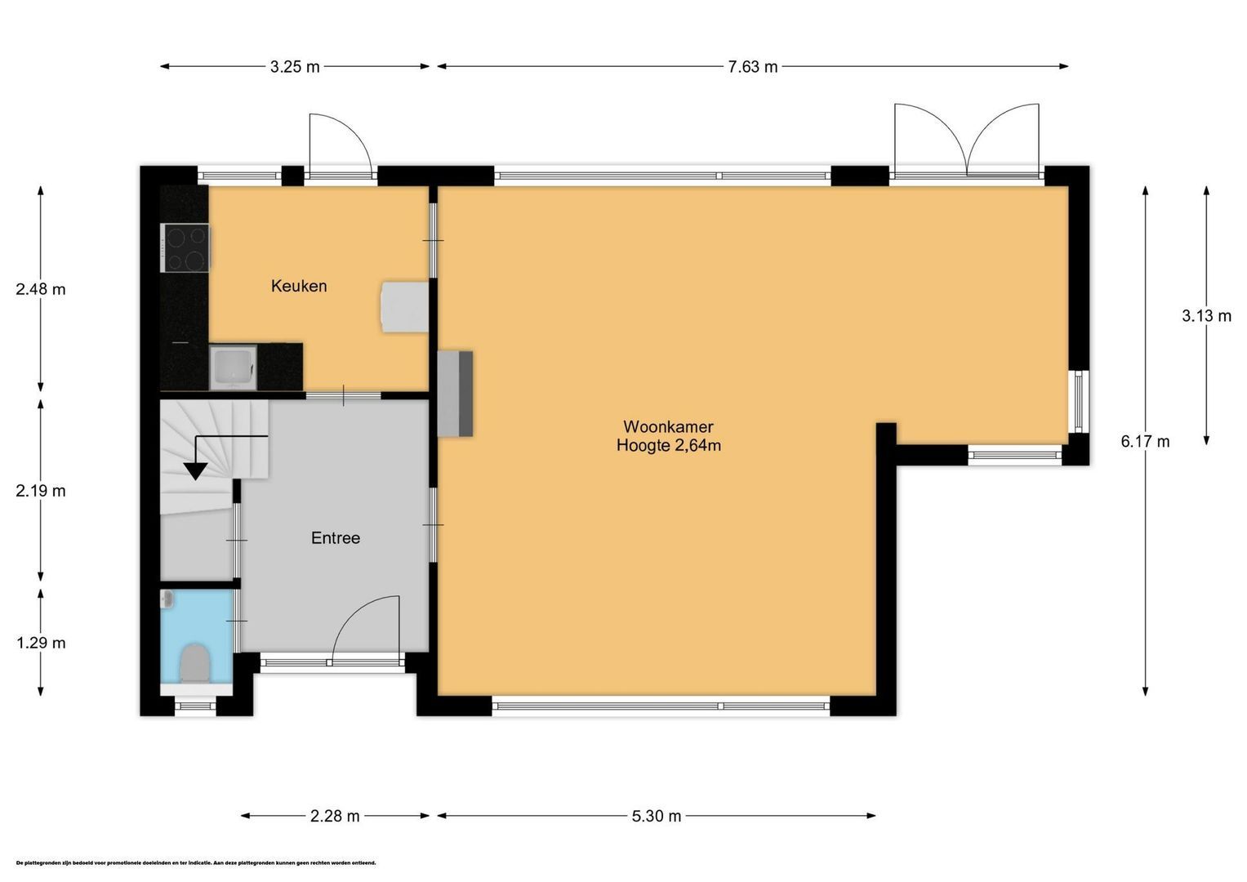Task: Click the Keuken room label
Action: [299, 286]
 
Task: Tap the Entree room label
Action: [335, 538]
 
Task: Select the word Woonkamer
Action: [668, 426]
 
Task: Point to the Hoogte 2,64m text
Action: [668, 446]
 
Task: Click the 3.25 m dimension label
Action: [295, 67]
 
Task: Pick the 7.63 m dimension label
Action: [752, 67]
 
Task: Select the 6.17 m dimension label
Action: [1145, 442]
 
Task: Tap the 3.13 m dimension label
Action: [1206, 316]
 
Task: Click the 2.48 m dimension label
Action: [41, 289]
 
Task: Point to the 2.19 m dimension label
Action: [41, 491]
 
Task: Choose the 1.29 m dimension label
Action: [41, 643]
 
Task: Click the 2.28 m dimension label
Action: [335, 816]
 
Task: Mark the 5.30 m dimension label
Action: [656, 816]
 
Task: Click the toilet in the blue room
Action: [194, 662]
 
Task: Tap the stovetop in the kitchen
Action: [186, 248]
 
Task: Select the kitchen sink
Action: [233, 367]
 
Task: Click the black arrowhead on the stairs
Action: [195, 470]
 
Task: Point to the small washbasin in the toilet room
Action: [168, 599]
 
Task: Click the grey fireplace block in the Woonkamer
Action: [456, 394]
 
